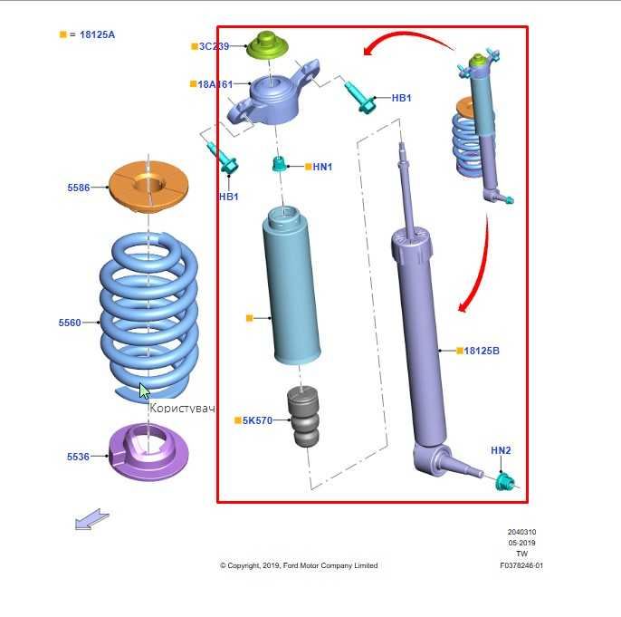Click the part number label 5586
click(78, 188)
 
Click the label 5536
click(78, 458)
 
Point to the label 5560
click(70, 323)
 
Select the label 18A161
click(215, 84)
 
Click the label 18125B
click(482, 351)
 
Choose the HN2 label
click(501, 450)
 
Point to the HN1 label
click(322, 167)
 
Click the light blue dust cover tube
click(291, 285)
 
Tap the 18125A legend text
click(96, 34)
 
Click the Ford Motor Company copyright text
click(299, 565)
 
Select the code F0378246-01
click(521, 565)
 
